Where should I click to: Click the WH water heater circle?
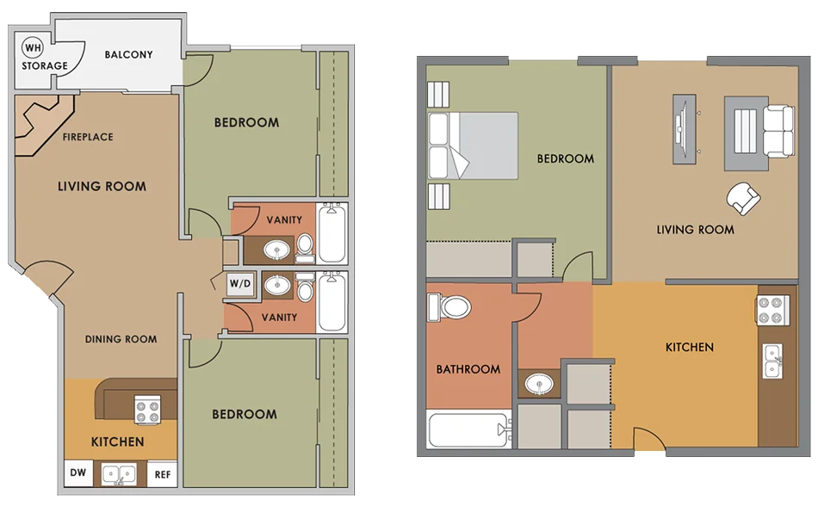click(33, 48)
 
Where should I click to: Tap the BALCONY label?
click(129, 55)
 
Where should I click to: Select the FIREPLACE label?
click(88, 137)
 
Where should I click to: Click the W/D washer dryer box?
click(240, 284)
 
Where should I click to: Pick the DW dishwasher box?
click(78, 473)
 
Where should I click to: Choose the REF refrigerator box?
click(162, 474)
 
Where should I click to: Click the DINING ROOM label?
click(121, 339)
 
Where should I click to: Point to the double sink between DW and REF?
click(120, 475)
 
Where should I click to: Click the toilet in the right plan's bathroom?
click(449, 307)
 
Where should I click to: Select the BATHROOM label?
click(468, 369)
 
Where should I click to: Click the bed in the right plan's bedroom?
click(473, 146)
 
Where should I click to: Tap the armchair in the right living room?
click(743, 198)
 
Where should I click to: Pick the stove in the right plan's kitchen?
click(773, 310)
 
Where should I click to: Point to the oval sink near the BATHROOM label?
click(539, 385)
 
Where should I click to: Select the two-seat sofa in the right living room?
click(779, 130)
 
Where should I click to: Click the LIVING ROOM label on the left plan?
click(102, 187)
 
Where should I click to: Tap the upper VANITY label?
click(284, 220)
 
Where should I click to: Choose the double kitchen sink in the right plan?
click(772, 361)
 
